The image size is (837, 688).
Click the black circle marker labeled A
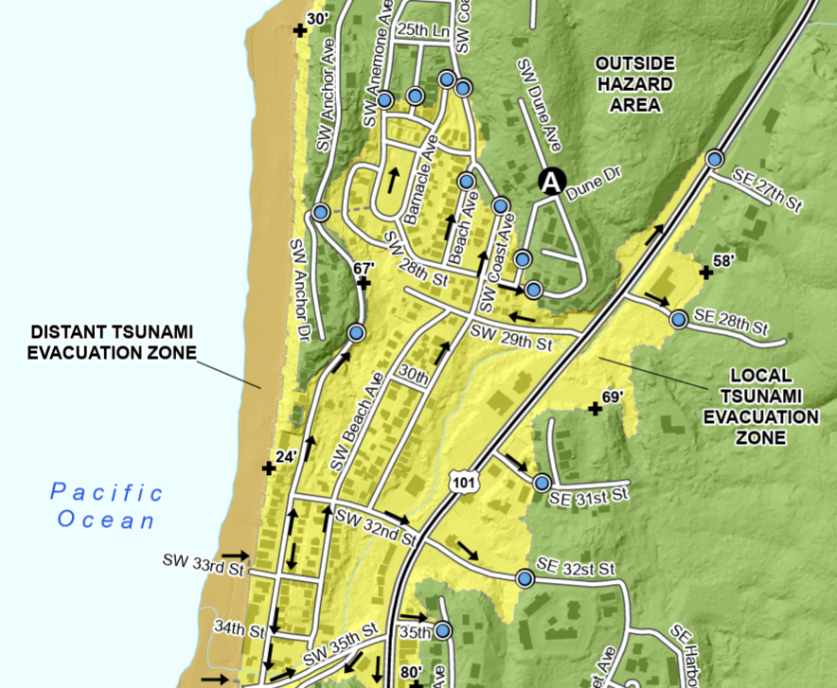551,182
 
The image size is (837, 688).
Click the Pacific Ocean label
106,505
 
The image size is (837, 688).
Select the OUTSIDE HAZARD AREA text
634,84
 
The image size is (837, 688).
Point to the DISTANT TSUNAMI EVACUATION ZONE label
112,343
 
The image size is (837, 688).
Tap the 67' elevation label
364,269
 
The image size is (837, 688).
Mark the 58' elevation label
722,260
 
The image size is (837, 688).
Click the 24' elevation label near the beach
287,456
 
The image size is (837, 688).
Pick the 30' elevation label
318,19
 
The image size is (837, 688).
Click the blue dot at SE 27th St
715,159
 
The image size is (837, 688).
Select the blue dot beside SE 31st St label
542,483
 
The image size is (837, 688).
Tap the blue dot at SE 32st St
525,577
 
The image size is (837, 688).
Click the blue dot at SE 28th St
679,319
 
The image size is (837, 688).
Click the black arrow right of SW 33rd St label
235,556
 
